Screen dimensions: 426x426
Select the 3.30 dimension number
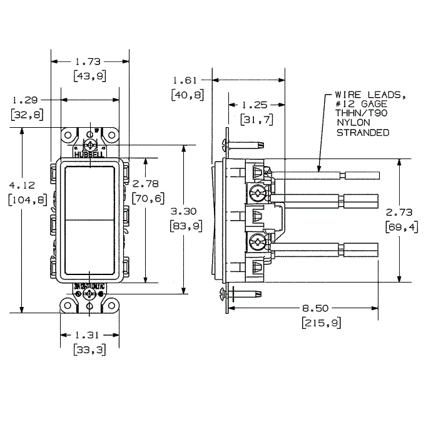[x=185, y=212]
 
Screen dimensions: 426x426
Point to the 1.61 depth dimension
[x=185, y=80]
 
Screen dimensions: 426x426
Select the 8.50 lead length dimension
[x=317, y=308]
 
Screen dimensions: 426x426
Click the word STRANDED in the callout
[x=363, y=133]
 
